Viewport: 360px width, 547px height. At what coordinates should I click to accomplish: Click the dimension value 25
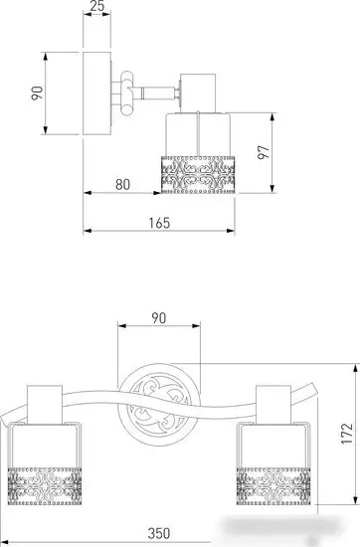(x=97, y=5)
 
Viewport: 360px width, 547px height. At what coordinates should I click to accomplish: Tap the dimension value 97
(x=265, y=152)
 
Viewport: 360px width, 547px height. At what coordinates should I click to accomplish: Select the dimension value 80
(x=122, y=185)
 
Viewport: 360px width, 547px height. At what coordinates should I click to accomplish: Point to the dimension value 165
(x=159, y=223)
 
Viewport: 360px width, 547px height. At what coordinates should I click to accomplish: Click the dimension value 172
(x=347, y=434)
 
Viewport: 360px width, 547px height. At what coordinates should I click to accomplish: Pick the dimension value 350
(x=159, y=533)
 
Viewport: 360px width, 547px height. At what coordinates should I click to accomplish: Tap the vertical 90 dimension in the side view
(x=37, y=93)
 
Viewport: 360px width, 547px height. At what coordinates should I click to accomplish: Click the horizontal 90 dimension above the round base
(x=159, y=318)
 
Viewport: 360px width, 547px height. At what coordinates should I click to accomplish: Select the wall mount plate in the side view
(x=97, y=93)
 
